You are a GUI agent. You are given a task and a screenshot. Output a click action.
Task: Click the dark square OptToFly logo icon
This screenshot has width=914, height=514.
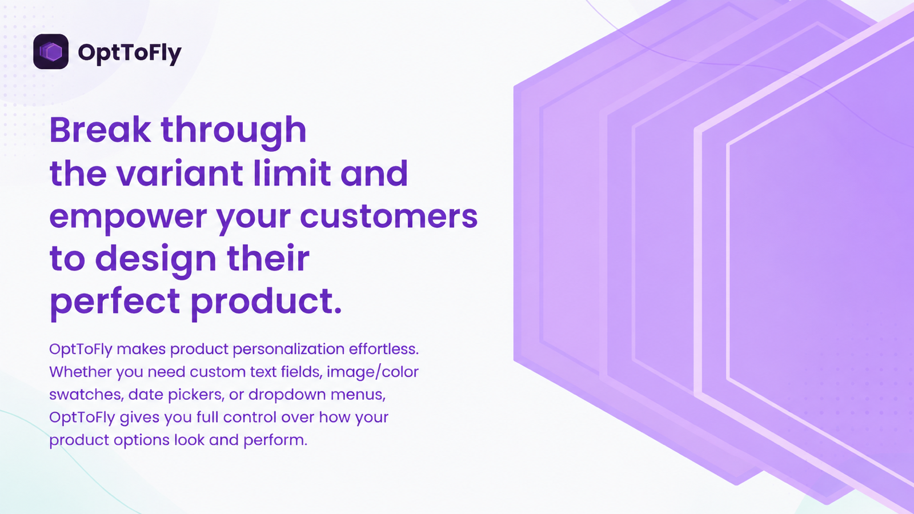click(x=51, y=51)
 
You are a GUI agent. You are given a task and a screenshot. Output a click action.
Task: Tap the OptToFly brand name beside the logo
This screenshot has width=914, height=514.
click(x=129, y=53)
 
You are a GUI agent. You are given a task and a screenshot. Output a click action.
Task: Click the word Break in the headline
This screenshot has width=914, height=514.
click(x=100, y=130)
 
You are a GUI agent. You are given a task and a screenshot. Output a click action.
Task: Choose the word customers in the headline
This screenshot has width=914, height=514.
click(x=389, y=216)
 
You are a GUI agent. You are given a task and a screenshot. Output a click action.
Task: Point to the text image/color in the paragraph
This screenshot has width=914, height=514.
click(x=372, y=372)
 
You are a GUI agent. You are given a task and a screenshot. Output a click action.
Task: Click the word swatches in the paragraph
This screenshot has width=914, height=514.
click(x=85, y=395)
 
